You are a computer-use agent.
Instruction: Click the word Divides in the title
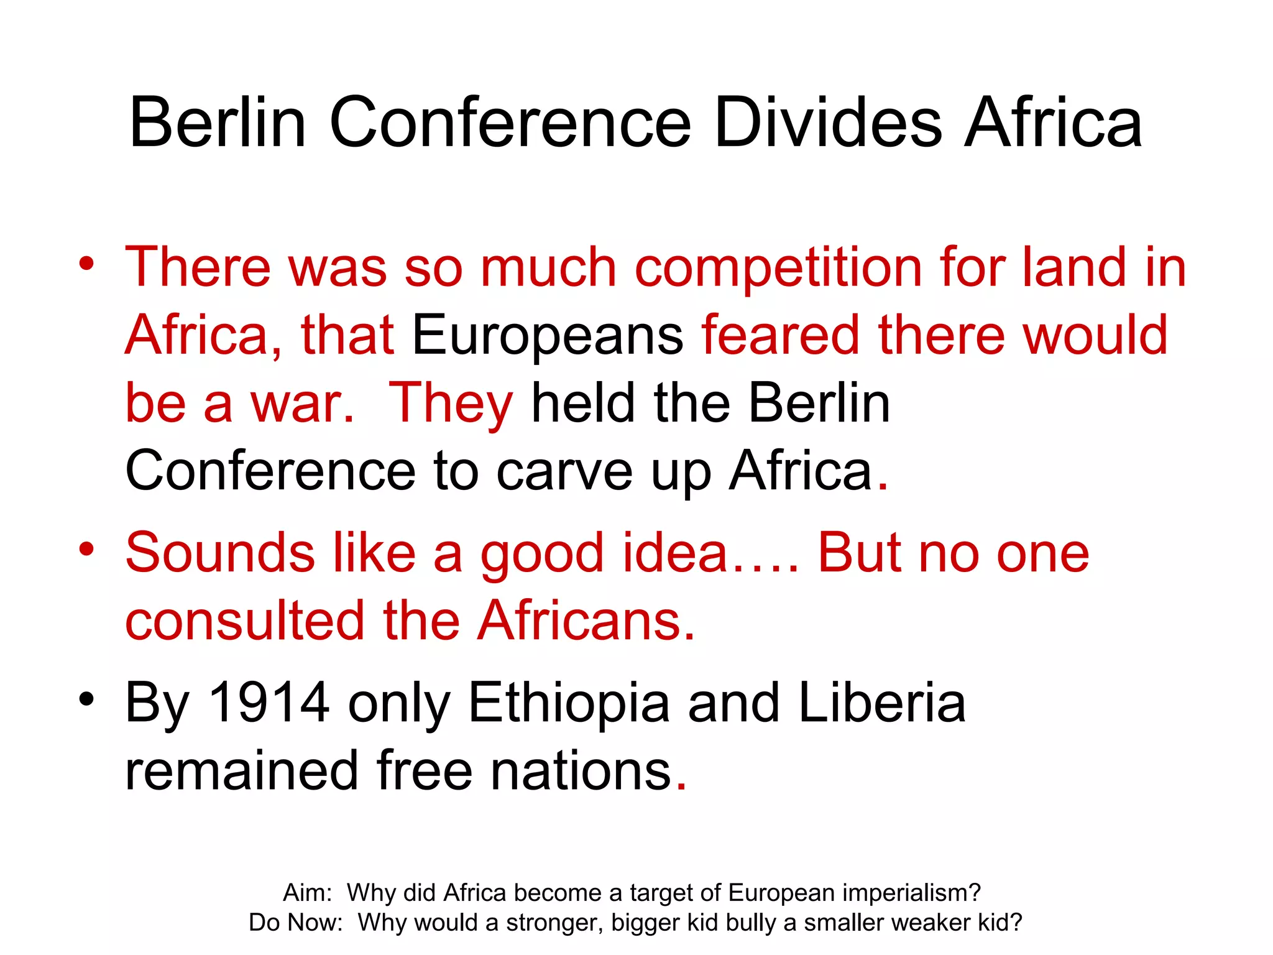(x=828, y=122)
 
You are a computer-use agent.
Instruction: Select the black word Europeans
(x=548, y=336)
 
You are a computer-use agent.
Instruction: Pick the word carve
(x=564, y=471)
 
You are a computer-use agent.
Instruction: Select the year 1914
(x=269, y=703)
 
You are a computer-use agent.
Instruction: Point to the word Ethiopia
(x=569, y=703)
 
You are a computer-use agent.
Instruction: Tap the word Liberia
(x=882, y=703)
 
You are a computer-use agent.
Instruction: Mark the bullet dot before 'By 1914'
(x=86, y=699)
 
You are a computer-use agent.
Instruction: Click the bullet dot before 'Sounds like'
(x=86, y=549)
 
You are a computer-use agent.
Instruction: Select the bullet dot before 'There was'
(x=86, y=264)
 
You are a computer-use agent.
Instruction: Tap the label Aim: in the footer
(x=308, y=893)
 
